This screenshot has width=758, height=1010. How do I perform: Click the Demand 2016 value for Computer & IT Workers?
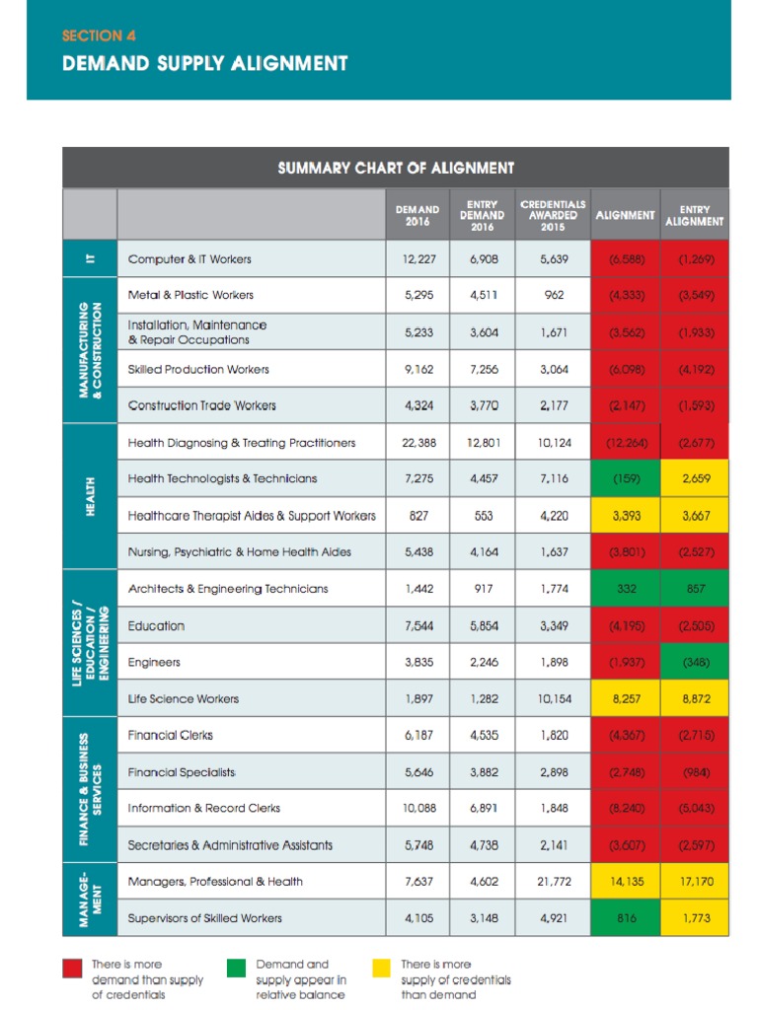417,259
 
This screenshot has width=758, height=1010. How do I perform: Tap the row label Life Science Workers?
183,699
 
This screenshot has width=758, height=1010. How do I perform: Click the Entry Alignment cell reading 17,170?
695,882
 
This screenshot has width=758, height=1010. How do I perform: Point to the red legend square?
72,967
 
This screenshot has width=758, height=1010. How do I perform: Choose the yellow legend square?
381,967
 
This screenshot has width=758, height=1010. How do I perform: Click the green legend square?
237,967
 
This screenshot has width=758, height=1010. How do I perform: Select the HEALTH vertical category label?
89,497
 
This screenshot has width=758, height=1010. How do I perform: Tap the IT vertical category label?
89,259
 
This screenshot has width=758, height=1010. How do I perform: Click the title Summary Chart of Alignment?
396,168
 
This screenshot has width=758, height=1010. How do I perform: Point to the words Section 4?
99,36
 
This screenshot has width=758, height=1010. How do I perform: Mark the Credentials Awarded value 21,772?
553,882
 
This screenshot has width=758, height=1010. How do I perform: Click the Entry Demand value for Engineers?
483,663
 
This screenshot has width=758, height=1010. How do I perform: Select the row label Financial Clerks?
170,736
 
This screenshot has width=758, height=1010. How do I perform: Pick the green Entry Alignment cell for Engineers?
695,663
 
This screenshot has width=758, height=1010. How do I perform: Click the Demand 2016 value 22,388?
417,443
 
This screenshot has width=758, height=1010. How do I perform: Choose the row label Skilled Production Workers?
198,370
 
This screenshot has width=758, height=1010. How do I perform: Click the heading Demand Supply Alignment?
205,64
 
